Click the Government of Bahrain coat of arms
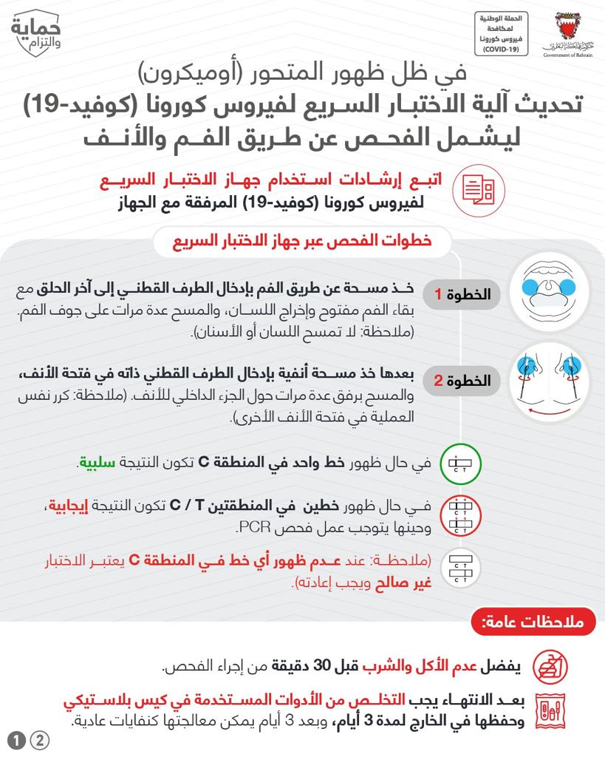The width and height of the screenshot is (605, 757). pyautogui.click(x=567, y=32)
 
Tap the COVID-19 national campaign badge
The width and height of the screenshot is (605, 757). pyautogui.click(x=501, y=33)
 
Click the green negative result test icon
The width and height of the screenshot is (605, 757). pyautogui.click(x=454, y=464)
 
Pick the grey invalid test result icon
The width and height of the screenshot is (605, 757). pyautogui.click(x=454, y=568)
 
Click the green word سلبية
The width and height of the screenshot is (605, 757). pyautogui.click(x=97, y=464)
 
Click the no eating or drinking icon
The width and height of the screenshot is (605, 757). pyautogui.click(x=547, y=667)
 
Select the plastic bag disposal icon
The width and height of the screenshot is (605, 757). pyautogui.click(x=547, y=711)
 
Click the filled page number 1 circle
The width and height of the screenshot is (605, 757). pyautogui.click(x=14, y=740)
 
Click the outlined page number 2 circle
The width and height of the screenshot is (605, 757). pyautogui.click(x=38, y=740)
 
